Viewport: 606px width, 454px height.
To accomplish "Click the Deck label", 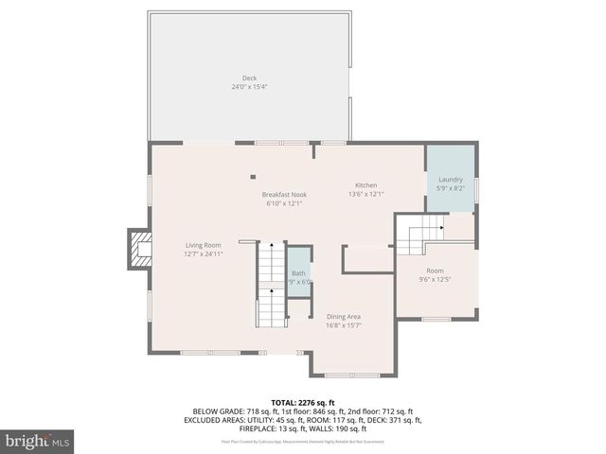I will (249, 79).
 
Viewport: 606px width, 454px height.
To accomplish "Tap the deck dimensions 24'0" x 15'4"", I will (249, 87).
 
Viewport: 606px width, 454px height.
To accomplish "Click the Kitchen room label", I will (365, 185).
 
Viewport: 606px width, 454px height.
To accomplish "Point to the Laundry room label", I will (450, 179).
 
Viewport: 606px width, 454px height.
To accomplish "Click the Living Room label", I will (203, 245).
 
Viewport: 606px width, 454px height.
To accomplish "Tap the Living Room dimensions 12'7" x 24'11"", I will (203, 253).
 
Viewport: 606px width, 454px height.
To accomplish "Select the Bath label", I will (298, 273).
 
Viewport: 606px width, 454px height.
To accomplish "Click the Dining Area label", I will (344, 317).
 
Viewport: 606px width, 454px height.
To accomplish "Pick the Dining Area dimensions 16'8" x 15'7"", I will (344, 325).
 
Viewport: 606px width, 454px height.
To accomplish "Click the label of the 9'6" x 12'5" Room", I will (435, 271).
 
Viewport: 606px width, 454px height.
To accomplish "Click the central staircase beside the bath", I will (272, 284).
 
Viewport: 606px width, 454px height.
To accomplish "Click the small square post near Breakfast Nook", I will (253, 176).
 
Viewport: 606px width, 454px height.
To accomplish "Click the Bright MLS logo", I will (37, 442).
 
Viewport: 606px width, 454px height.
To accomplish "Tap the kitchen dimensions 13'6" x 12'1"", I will (365, 194).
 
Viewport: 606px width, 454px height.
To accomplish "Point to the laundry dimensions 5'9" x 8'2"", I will (450, 187).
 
